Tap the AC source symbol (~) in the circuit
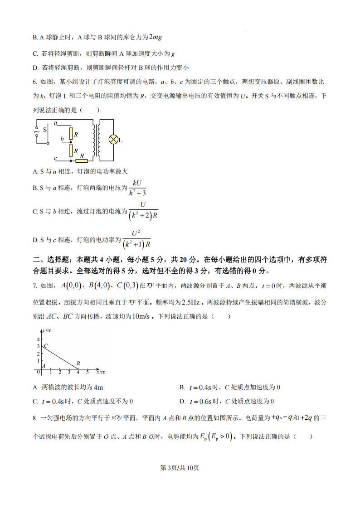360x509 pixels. click(37, 131)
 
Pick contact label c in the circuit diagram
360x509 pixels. click(55, 158)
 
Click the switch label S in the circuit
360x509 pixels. click(45, 130)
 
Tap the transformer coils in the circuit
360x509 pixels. click(97, 140)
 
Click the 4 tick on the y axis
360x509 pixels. click(38, 339)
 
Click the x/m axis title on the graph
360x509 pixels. click(101, 372)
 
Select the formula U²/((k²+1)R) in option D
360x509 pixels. click(136, 239)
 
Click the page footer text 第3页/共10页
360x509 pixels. click(180, 468)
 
